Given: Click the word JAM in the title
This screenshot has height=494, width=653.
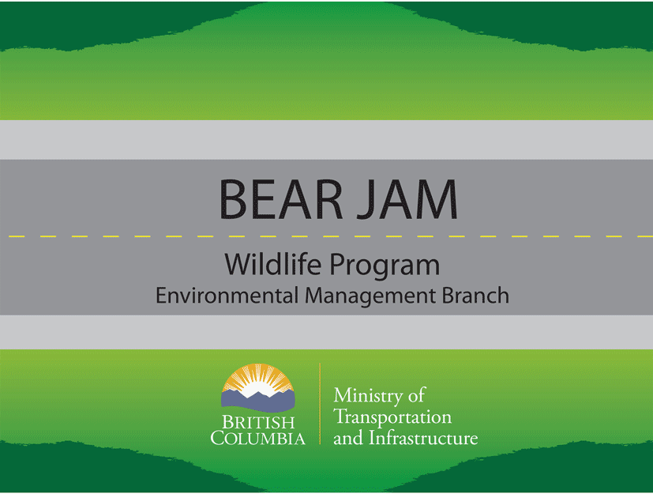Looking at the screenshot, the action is click(x=407, y=199).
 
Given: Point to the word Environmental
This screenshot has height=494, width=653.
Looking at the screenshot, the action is click(x=227, y=295).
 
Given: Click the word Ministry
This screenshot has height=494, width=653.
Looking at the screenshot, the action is click(x=368, y=396).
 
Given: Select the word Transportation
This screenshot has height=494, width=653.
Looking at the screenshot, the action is click(x=392, y=417).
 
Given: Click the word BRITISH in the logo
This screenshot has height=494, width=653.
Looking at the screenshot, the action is click(x=258, y=423).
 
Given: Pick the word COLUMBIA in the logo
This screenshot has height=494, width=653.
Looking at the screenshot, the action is click(x=257, y=438).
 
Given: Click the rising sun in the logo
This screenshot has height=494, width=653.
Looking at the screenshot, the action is click(x=258, y=379).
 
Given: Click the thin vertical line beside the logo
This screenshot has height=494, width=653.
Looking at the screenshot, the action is click(x=320, y=404).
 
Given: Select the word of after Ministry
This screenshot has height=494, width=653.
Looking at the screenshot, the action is click(x=416, y=394).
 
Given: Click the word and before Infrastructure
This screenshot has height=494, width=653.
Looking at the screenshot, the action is click(x=348, y=438).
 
